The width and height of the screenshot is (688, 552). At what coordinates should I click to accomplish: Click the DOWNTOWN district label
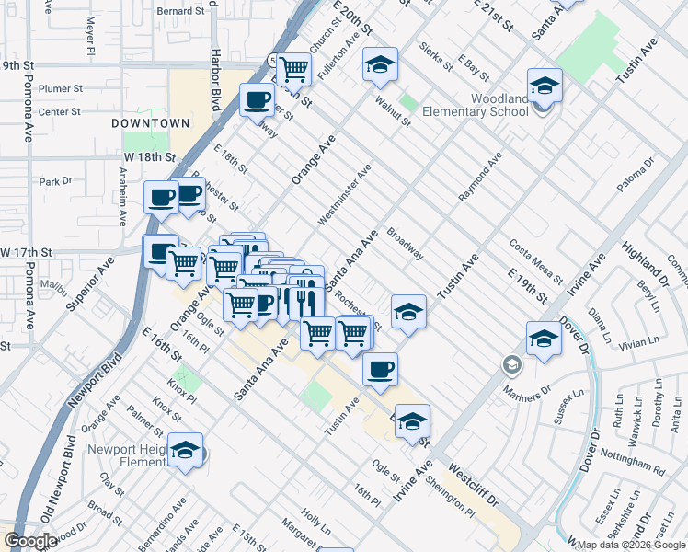coord(150,122)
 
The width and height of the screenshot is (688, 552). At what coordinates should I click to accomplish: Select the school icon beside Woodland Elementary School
coord(545,87)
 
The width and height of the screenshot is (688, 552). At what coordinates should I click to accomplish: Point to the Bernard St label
coord(178,11)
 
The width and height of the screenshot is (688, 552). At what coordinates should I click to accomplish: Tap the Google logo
coord(30,541)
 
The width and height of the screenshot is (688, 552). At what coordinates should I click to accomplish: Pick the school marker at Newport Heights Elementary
coord(186,451)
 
